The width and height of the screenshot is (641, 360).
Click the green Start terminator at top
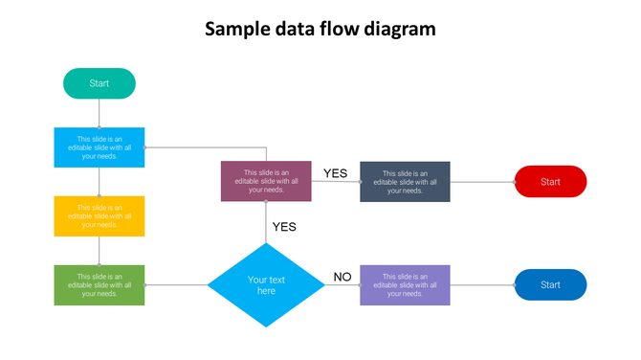[x=99, y=83]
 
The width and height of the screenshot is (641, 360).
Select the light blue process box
[x=99, y=147]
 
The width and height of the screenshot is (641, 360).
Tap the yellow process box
[x=99, y=215]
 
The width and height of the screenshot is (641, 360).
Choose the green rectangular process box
[x=99, y=285]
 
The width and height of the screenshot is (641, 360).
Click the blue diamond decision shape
[x=266, y=285]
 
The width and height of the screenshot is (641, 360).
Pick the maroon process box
[x=266, y=181]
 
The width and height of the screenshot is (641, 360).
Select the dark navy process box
[x=405, y=181]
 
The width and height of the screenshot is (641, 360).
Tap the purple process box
[x=405, y=285]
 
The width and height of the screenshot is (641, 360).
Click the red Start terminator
[x=550, y=181]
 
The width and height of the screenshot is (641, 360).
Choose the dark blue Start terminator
[x=550, y=285]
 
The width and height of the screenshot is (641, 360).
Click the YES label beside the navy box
[x=335, y=173]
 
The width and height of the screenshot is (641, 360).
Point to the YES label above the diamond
[x=284, y=227]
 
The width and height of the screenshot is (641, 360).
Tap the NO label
[x=343, y=278]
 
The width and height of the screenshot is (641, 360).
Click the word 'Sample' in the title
[x=236, y=29]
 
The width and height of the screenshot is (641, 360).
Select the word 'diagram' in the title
[x=400, y=29]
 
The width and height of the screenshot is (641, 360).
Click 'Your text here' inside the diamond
[x=266, y=285]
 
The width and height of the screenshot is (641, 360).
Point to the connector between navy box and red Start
[x=482, y=181]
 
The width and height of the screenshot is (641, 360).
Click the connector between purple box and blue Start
[x=482, y=285]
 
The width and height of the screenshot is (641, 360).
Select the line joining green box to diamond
[x=176, y=285]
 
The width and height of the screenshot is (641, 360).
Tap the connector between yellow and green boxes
[x=99, y=251]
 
